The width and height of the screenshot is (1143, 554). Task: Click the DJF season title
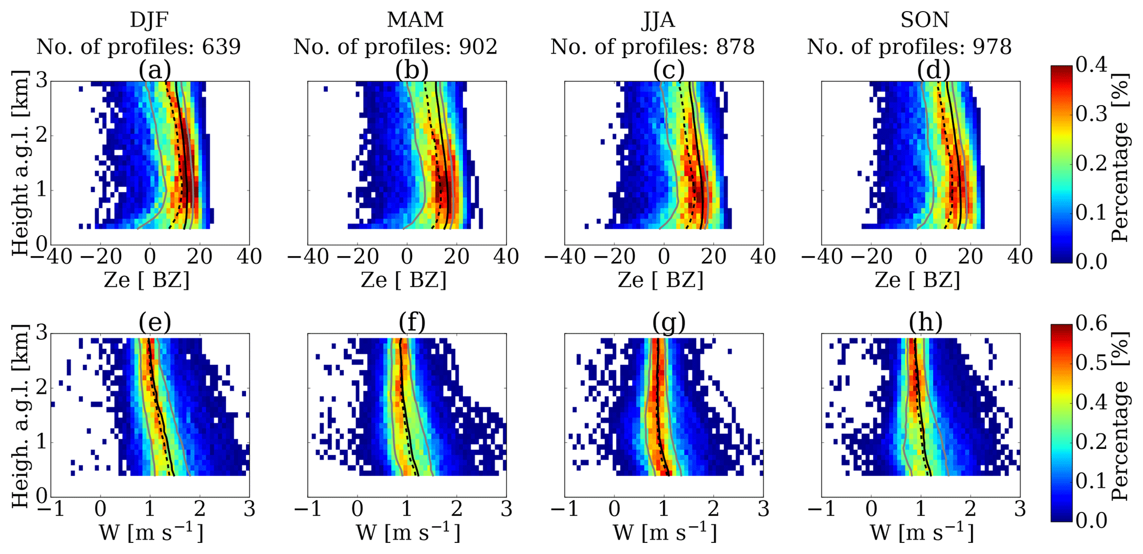pos(149,20)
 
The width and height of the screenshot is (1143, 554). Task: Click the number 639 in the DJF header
pos(221,47)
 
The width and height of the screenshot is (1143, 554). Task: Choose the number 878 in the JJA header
pos(735,47)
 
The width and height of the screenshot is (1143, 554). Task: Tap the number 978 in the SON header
pos(992,47)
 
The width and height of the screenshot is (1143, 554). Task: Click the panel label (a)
pos(154,71)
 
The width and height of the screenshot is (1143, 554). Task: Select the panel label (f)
pos(411,323)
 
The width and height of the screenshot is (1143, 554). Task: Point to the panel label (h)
pos(925,323)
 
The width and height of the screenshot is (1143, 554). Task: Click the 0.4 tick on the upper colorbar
pos(1092,65)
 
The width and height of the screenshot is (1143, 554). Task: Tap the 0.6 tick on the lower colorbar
pos(1092,323)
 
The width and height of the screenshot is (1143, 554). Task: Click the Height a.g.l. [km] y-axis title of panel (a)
pos(20,163)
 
